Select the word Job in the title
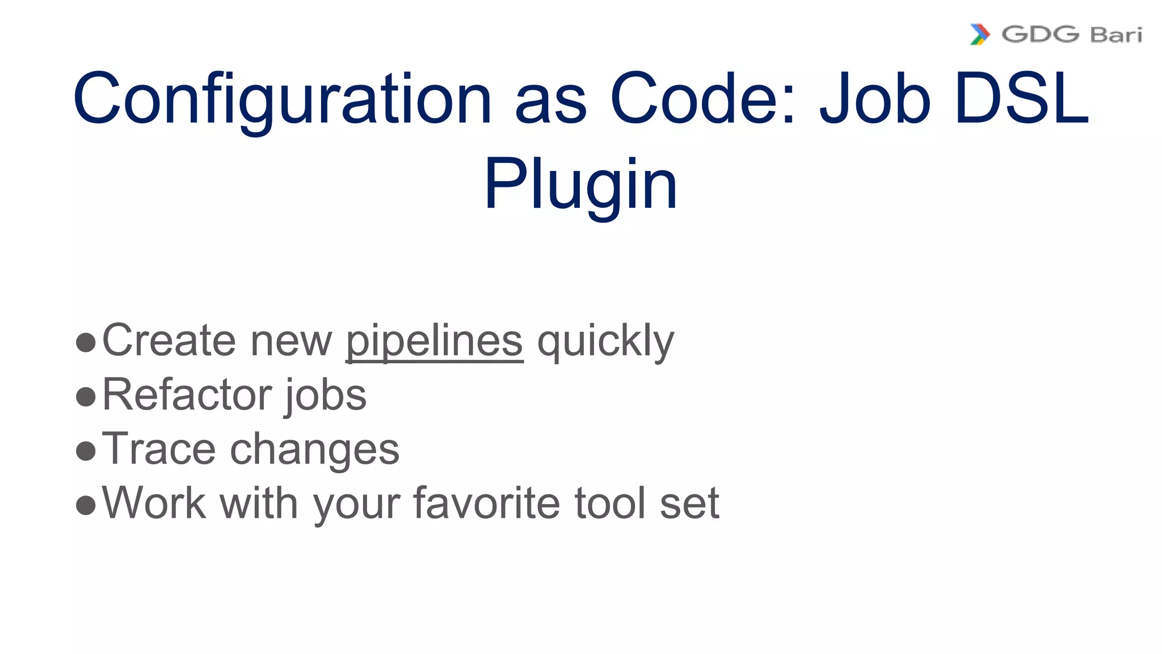875,98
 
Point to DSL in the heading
1021,98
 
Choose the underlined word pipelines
434,341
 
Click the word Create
169,341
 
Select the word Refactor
186,395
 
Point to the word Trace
159,449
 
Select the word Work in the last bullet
154,503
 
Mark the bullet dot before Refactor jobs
86,397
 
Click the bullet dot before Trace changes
86,451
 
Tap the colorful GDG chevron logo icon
979,35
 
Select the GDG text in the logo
1040,35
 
